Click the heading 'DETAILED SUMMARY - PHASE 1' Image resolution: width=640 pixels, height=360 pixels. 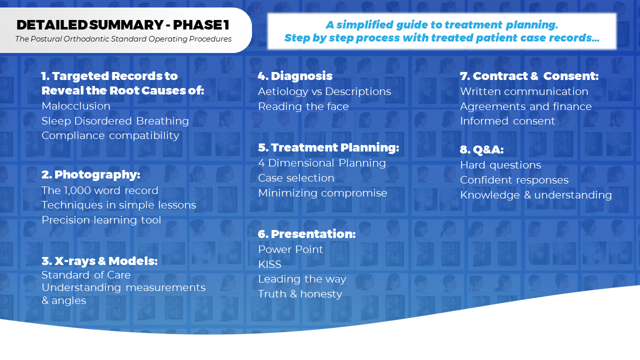(123, 25)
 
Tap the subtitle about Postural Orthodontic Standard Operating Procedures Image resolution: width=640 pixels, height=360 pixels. (123, 39)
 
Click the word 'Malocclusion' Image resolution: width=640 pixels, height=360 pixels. (75, 106)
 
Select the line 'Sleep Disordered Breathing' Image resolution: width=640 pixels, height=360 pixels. (115, 121)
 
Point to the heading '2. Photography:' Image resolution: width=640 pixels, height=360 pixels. (91, 174)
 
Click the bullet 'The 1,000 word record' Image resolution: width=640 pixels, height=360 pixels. (99, 190)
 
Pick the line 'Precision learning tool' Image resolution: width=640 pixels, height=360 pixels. (101, 220)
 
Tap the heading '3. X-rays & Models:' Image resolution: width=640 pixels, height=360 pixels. (99, 261)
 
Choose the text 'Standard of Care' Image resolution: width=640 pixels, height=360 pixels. (86, 275)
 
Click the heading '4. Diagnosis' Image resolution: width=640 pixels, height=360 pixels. (295, 76)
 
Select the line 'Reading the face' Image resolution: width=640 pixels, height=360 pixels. (303, 106)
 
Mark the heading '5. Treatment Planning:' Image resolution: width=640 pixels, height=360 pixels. (328, 147)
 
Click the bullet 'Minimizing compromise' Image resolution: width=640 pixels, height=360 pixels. (322, 193)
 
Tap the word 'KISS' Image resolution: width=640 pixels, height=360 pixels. (269, 264)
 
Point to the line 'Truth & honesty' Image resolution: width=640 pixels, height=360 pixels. (300, 294)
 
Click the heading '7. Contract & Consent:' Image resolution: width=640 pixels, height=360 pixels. (529, 76)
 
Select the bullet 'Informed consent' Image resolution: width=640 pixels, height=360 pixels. (507, 121)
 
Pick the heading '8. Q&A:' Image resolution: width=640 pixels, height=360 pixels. (481, 149)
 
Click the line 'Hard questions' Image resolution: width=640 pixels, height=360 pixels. (500, 165)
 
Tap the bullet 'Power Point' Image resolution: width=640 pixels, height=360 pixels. (290, 249)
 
